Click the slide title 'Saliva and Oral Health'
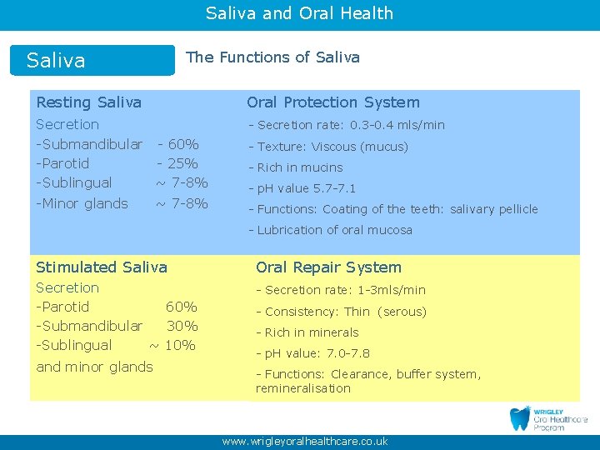pyautogui.click(x=299, y=13)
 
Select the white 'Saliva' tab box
pyautogui.click(x=92, y=61)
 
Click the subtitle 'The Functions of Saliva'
pyautogui.click(x=272, y=57)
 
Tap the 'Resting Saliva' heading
pyautogui.click(x=88, y=102)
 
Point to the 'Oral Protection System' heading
pyautogui.click(x=332, y=102)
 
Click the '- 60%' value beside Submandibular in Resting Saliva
pyautogui.click(x=177, y=144)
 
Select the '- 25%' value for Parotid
pyautogui.click(x=177, y=163)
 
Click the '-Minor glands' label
pyautogui.click(x=82, y=203)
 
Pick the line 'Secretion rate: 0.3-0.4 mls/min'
pyautogui.click(x=347, y=125)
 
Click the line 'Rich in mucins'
pyautogui.click(x=296, y=167)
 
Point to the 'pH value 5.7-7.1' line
pyautogui.click(x=302, y=188)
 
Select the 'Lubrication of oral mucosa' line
pyautogui.click(x=330, y=230)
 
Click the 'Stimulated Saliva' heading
pyautogui.click(x=102, y=267)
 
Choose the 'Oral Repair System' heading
pyautogui.click(x=328, y=267)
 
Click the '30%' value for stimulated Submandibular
pyautogui.click(x=182, y=326)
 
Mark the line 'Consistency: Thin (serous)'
pyautogui.click(x=341, y=312)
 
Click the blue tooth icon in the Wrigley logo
pyautogui.click(x=520, y=418)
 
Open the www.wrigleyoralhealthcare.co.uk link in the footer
pyautogui.click(x=305, y=442)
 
